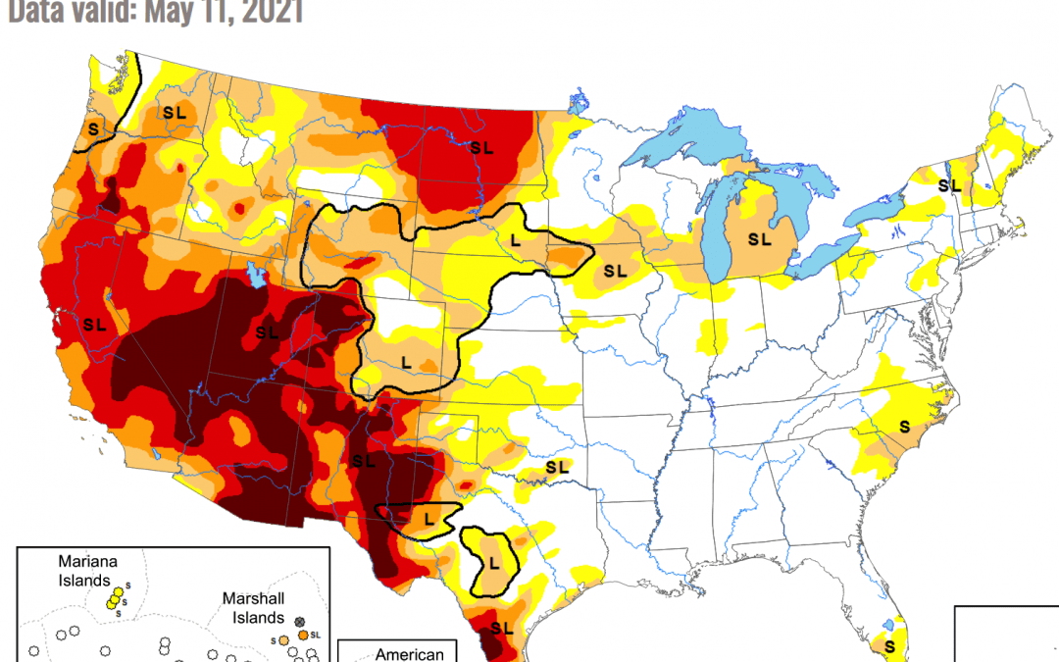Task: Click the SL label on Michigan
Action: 760,238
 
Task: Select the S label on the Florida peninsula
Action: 889,646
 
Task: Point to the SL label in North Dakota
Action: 480,147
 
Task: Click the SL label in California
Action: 95,324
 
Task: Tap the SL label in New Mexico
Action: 364,460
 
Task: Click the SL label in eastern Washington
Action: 175,114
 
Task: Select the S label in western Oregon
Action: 94,128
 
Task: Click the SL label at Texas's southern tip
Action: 501,628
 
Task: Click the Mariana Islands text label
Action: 88,570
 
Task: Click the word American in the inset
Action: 411,654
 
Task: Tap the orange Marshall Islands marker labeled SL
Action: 303,636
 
